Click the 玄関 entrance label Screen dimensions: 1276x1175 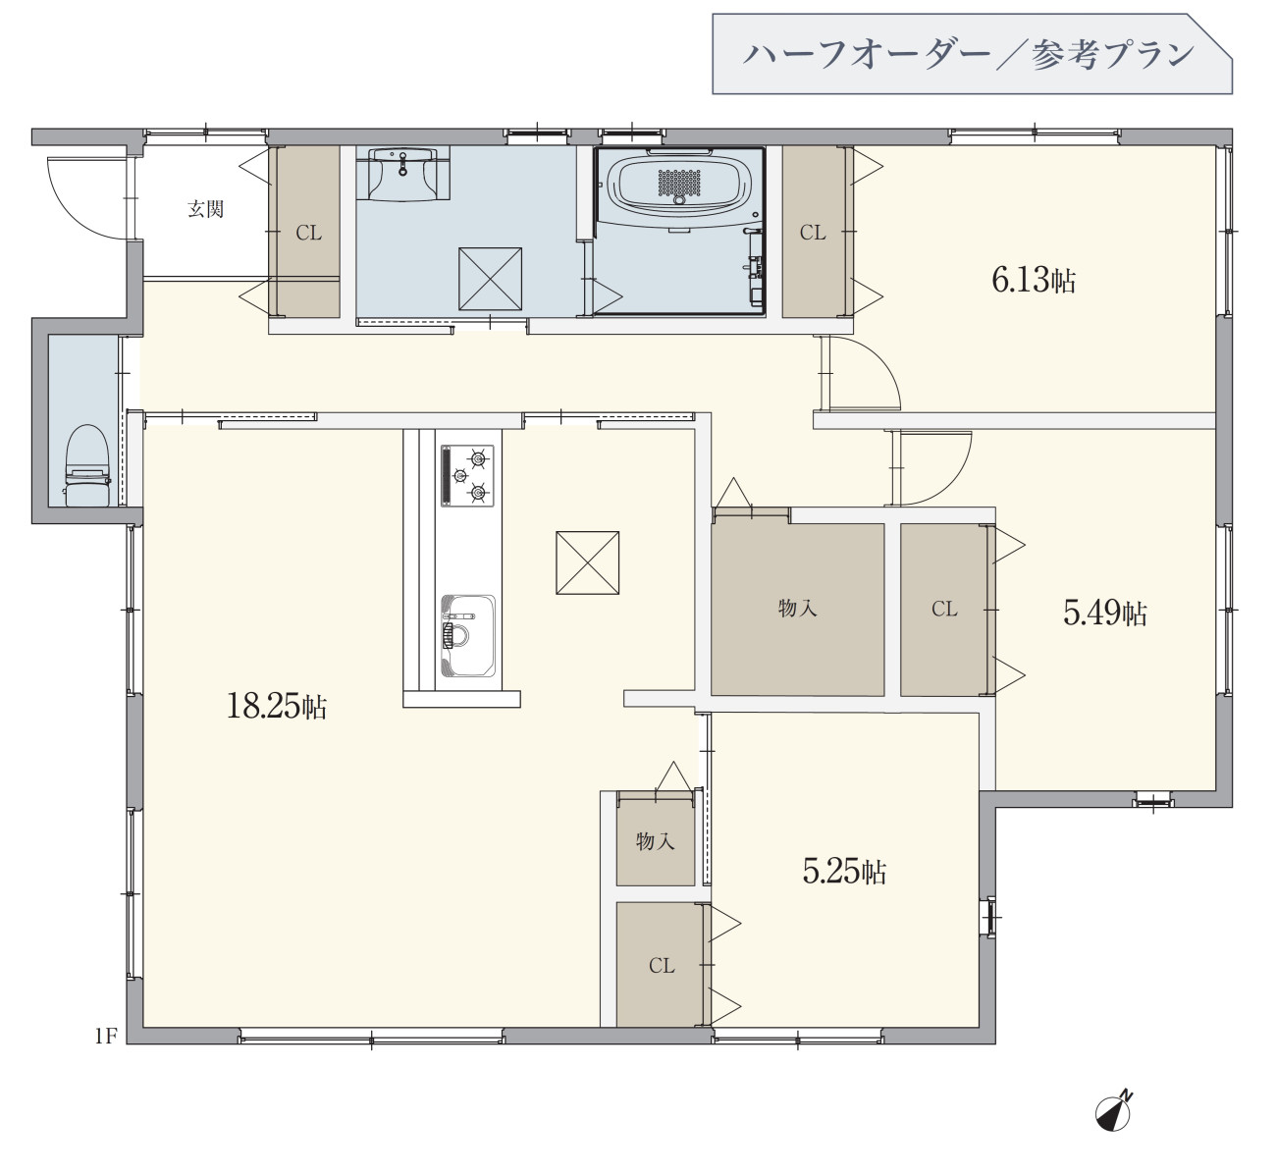(x=205, y=209)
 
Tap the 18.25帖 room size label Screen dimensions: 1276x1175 (x=277, y=706)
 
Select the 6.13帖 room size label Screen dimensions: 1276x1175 (x=1034, y=280)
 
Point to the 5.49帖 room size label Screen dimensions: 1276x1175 (x=1105, y=613)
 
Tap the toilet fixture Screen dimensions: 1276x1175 (x=87, y=465)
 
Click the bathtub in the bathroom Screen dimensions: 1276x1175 (x=680, y=182)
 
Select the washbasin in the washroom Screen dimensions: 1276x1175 (x=403, y=173)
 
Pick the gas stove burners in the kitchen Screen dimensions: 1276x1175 (x=467, y=476)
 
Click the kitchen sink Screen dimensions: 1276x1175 (x=468, y=636)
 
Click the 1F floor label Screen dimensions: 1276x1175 (x=106, y=1037)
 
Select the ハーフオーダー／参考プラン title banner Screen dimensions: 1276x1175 (x=972, y=54)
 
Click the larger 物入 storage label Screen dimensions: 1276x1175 (x=797, y=609)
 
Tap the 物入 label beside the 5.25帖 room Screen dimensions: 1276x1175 (x=655, y=841)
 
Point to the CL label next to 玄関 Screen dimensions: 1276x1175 (x=308, y=234)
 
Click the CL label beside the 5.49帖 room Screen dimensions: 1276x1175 (x=944, y=610)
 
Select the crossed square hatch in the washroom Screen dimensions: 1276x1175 (x=491, y=280)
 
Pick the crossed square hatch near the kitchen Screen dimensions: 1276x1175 (x=587, y=563)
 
